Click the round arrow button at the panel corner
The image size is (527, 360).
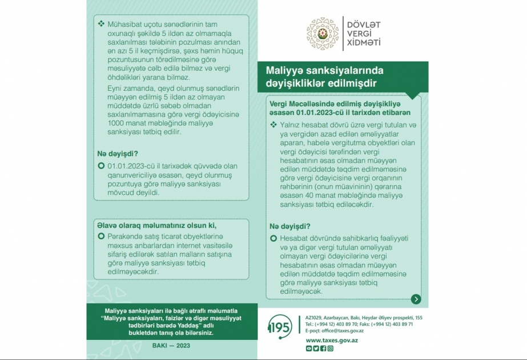coord(416,299)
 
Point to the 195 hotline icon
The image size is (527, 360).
coord(279,327)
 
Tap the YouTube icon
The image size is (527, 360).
coord(309,349)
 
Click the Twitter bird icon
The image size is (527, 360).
coord(316,349)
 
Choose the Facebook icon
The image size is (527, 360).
coord(323,349)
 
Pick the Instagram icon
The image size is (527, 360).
coord(330,349)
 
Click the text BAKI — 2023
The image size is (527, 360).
coord(171,346)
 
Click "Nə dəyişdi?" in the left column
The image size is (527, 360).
coord(119,153)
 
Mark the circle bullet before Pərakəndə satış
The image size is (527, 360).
coord(101,236)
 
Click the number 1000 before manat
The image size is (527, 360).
coord(116,123)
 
